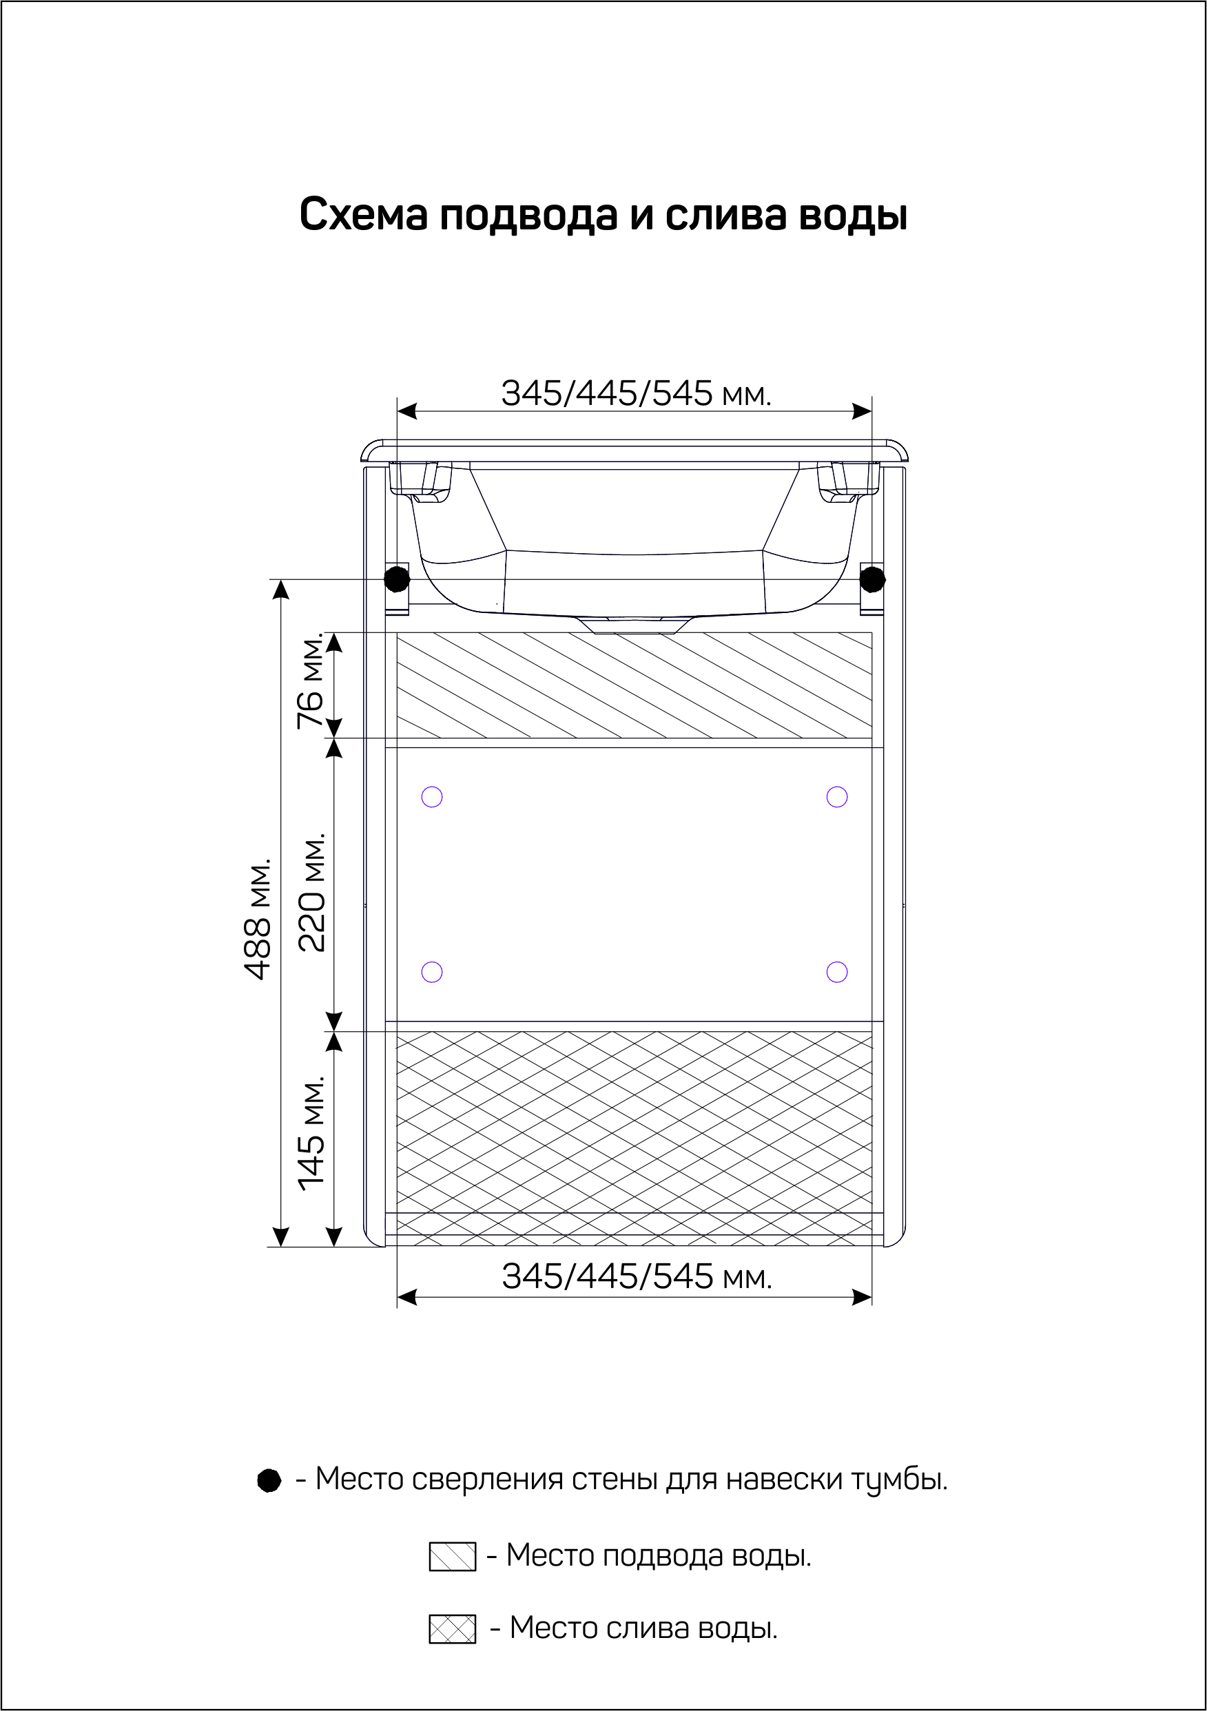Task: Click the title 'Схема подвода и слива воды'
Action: click(603, 215)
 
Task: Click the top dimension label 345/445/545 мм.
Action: click(636, 393)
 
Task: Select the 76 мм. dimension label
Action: click(310, 681)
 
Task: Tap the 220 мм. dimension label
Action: click(311, 892)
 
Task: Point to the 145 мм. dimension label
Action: click(311, 1132)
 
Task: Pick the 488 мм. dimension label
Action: click(257, 919)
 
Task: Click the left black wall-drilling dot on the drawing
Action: click(397, 579)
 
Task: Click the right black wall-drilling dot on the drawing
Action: click(872, 579)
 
